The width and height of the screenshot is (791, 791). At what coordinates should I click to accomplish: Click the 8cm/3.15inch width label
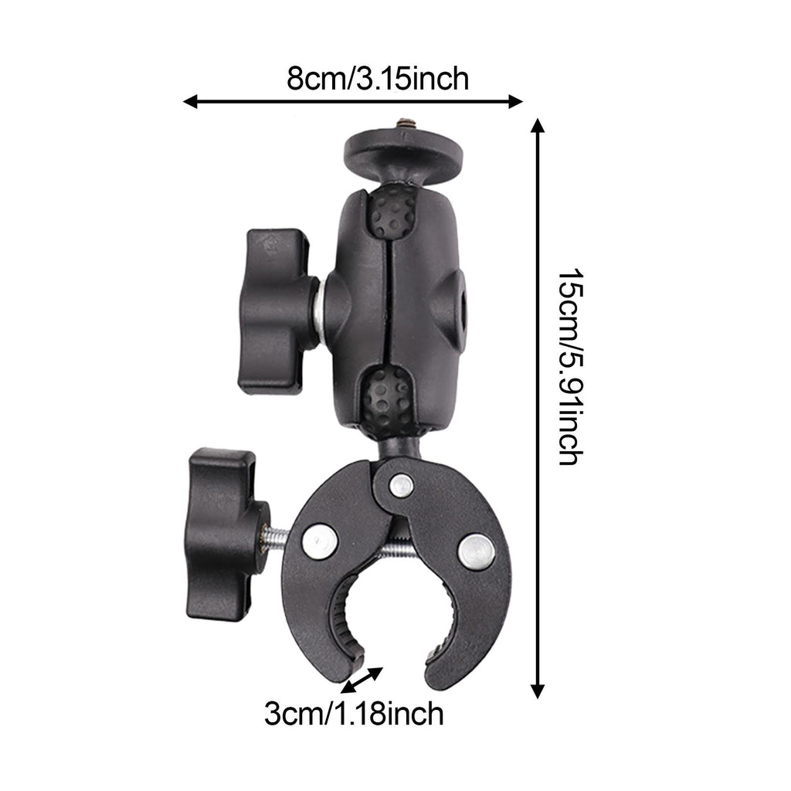point(378,80)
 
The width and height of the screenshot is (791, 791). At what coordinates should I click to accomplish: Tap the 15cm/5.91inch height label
point(571,367)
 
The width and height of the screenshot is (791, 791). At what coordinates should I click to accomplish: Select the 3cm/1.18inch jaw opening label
point(354,714)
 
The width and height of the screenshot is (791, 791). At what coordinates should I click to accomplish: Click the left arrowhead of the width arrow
point(190,101)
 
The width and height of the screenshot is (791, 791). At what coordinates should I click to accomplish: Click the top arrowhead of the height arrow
point(538,125)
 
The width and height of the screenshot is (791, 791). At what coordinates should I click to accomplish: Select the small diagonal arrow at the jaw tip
point(362,680)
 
